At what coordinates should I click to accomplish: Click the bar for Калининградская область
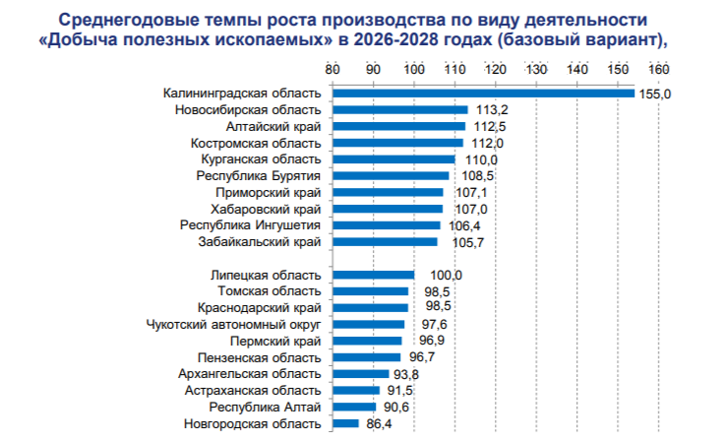tap(483, 93)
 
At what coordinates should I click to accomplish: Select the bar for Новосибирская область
tap(400, 109)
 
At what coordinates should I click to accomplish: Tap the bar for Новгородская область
tap(346, 423)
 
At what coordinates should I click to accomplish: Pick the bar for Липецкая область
tap(374, 275)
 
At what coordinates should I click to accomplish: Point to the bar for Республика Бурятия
tap(391, 175)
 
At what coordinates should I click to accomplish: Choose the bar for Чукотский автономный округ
tap(369, 324)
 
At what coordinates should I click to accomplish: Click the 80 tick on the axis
tap(333, 70)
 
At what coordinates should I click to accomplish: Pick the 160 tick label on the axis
tap(658, 70)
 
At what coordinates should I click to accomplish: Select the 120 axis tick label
tap(495, 70)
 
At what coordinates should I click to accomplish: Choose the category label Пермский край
tap(279, 341)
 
